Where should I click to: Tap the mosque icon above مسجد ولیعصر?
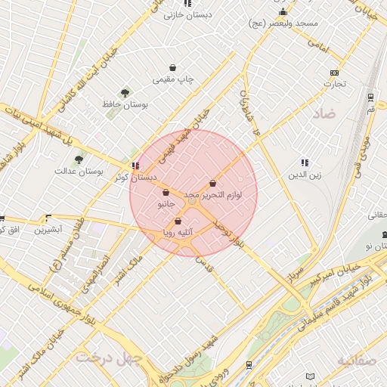pos(283,12)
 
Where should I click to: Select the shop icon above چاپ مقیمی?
pos(173,67)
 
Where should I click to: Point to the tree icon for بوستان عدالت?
pos(79,159)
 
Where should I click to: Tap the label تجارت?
pos(334,84)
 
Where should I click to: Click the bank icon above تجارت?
pos(334,73)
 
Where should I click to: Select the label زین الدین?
pos(303,175)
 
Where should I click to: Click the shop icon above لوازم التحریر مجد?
pos(213,183)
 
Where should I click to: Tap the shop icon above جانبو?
pos(166,193)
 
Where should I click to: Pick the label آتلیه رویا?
pos(178,233)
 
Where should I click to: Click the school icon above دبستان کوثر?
pos(135,166)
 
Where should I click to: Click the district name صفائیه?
pos(356,361)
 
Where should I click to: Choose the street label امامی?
pos(319,47)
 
